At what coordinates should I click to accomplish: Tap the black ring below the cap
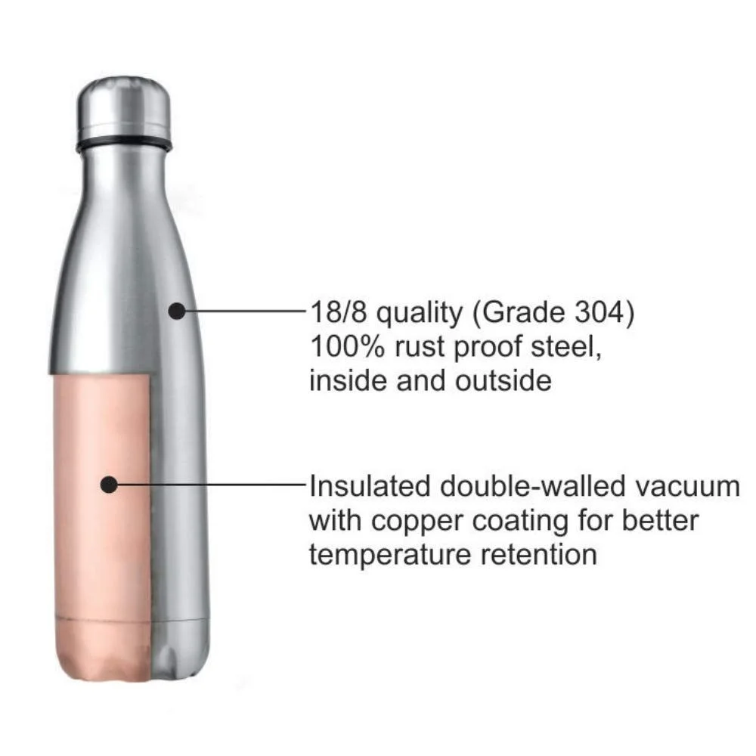point(125,144)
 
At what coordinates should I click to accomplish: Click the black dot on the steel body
point(177,309)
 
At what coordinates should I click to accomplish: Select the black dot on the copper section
point(110,485)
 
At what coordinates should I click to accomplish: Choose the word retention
point(539,556)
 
